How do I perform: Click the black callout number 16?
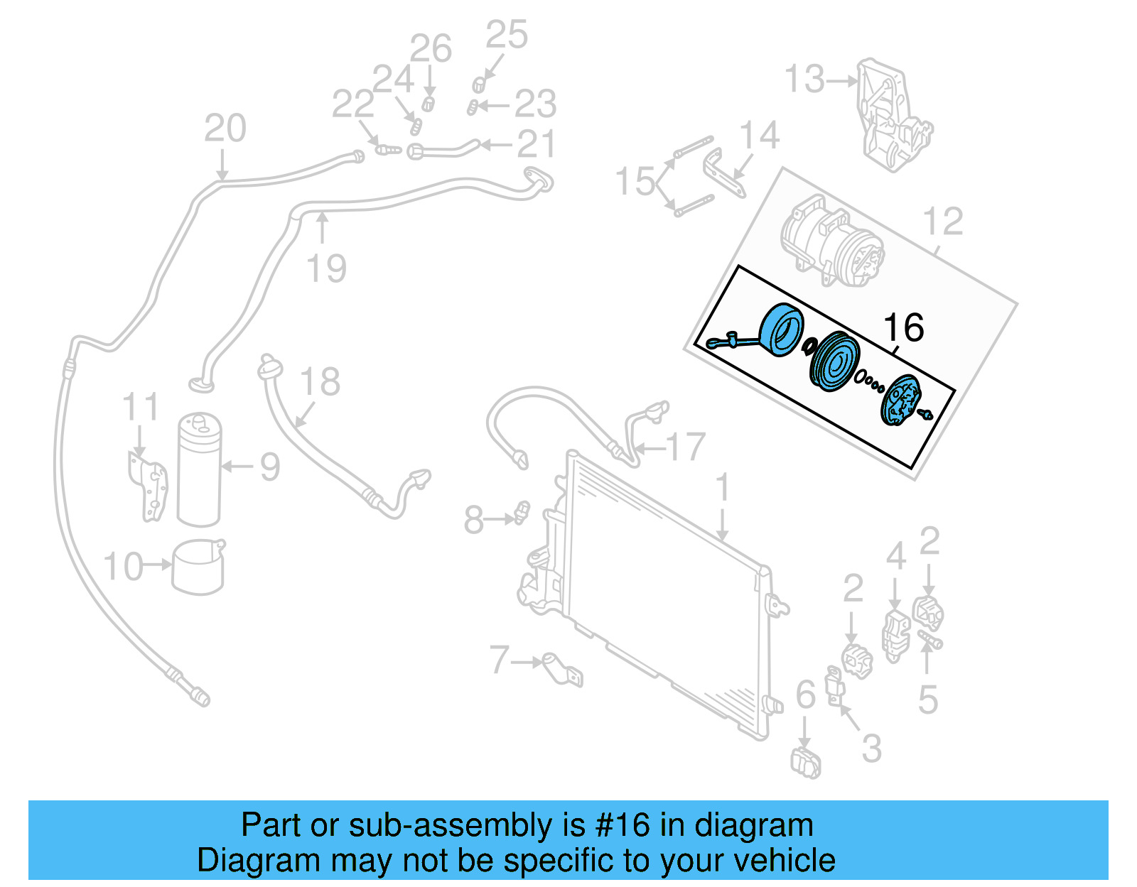tap(903, 327)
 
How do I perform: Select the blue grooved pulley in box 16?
tap(834, 361)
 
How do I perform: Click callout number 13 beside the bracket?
tap(805, 80)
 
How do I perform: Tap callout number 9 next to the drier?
tap(269, 467)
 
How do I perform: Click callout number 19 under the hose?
tap(326, 268)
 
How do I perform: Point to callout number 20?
tap(225, 129)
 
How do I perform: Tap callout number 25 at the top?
tap(507, 35)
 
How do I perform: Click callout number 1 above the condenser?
tap(723, 489)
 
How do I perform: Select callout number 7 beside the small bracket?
tap(500, 660)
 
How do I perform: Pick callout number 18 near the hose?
tap(320, 382)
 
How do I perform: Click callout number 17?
tap(686, 447)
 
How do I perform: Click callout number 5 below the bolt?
tap(928, 700)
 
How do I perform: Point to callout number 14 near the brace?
tap(759, 135)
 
